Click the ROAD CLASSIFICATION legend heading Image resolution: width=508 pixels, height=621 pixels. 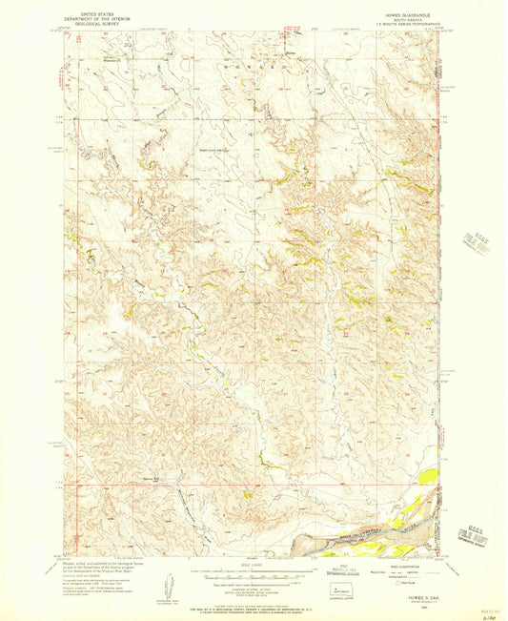pyautogui.click(x=376, y=565)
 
